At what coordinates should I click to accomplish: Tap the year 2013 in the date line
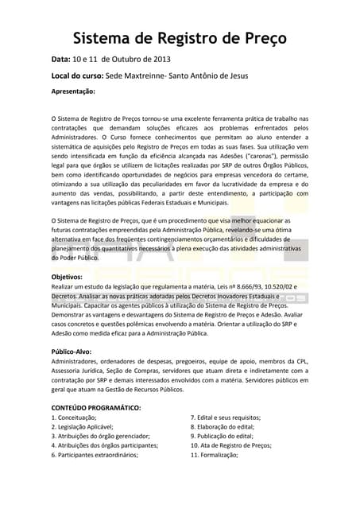point(157,60)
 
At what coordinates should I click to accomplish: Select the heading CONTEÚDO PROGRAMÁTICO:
point(95,407)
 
